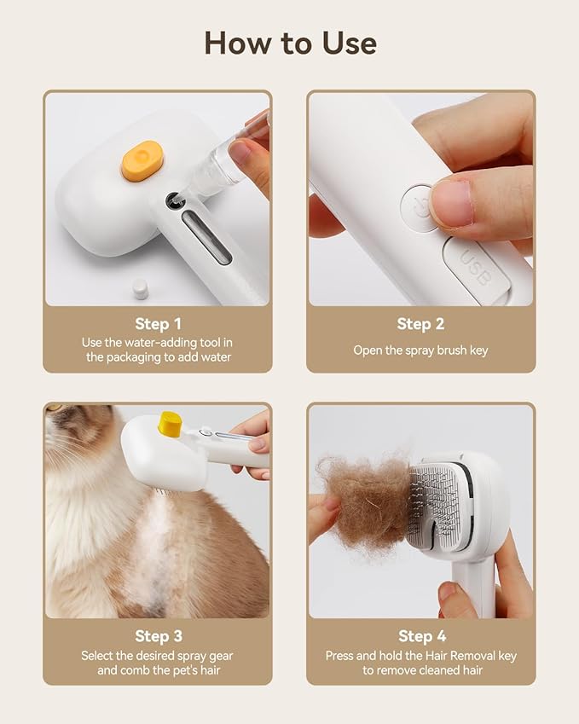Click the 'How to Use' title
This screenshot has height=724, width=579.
click(x=290, y=43)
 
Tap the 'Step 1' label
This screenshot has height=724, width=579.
click(x=158, y=324)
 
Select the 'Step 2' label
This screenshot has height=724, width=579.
click(x=420, y=324)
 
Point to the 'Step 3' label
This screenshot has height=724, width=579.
click(x=158, y=636)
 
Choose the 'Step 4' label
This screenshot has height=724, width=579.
click(x=421, y=636)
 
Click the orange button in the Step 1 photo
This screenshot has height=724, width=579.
click(x=142, y=160)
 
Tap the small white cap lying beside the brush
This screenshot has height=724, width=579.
click(x=140, y=289)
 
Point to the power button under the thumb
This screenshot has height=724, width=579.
click(x=420, y=205)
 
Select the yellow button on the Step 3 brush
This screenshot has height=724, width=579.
click(x=171, y=424)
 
